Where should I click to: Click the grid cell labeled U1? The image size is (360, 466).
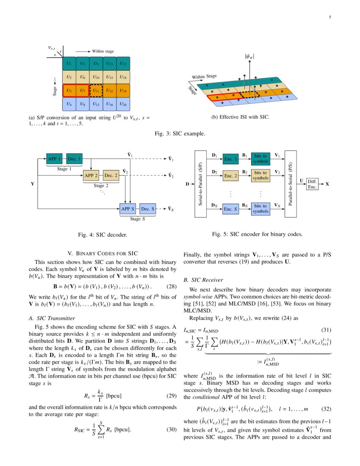pos(69,64)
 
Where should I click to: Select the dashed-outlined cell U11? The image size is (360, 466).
pos(96,91)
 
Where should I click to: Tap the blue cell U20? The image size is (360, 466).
pos(123,104)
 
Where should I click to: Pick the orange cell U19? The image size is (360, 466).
pos(123,91)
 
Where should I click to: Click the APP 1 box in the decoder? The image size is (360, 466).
pos(54,159)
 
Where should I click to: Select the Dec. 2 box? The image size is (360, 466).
pos(111,175)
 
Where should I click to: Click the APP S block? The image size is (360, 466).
pos(128,209)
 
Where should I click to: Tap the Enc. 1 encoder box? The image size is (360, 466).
pos(231,159)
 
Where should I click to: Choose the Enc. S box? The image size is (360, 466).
pos(231,209)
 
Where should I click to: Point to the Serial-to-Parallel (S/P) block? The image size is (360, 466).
pos(201,184)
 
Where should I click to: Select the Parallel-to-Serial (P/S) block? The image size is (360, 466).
pos(291,184)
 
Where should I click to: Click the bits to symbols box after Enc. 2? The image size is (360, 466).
pos(260,175)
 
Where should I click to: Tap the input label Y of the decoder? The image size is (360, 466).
pos(33,184)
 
